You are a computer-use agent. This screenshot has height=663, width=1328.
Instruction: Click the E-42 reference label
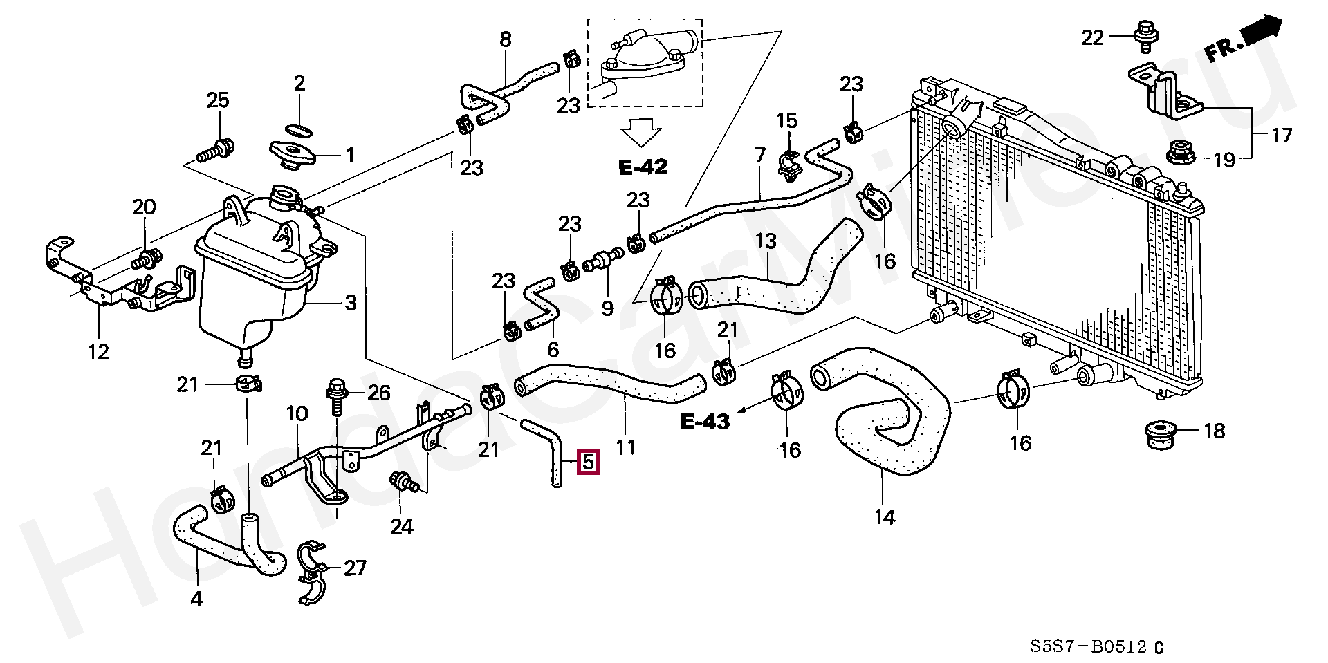pos(643,168)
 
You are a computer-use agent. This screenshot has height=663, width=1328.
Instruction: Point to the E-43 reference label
pos(705,422)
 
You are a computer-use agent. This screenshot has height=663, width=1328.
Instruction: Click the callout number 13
pos(766,242)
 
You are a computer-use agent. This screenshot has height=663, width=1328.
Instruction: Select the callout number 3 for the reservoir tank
pos(351,302)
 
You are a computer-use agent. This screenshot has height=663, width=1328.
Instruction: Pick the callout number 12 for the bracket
pos(99,352)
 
